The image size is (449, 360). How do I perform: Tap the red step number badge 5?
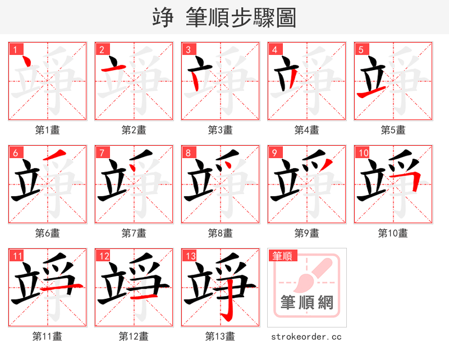point(361,49)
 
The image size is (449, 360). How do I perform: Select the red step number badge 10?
point(363,153)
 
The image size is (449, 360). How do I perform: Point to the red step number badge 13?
point(190,256)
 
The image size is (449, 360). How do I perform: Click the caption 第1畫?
point(48,130)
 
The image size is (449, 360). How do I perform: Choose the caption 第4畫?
point(307,130)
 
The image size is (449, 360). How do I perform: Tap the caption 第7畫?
point(134,233)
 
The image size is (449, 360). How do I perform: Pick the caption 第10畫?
point(393,233)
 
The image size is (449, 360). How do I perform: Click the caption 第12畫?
point(134,336)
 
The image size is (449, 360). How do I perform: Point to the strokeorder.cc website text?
point(306,336)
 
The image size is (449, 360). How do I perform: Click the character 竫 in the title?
point(163,18)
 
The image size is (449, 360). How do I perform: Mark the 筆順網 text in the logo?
point(307,303)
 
